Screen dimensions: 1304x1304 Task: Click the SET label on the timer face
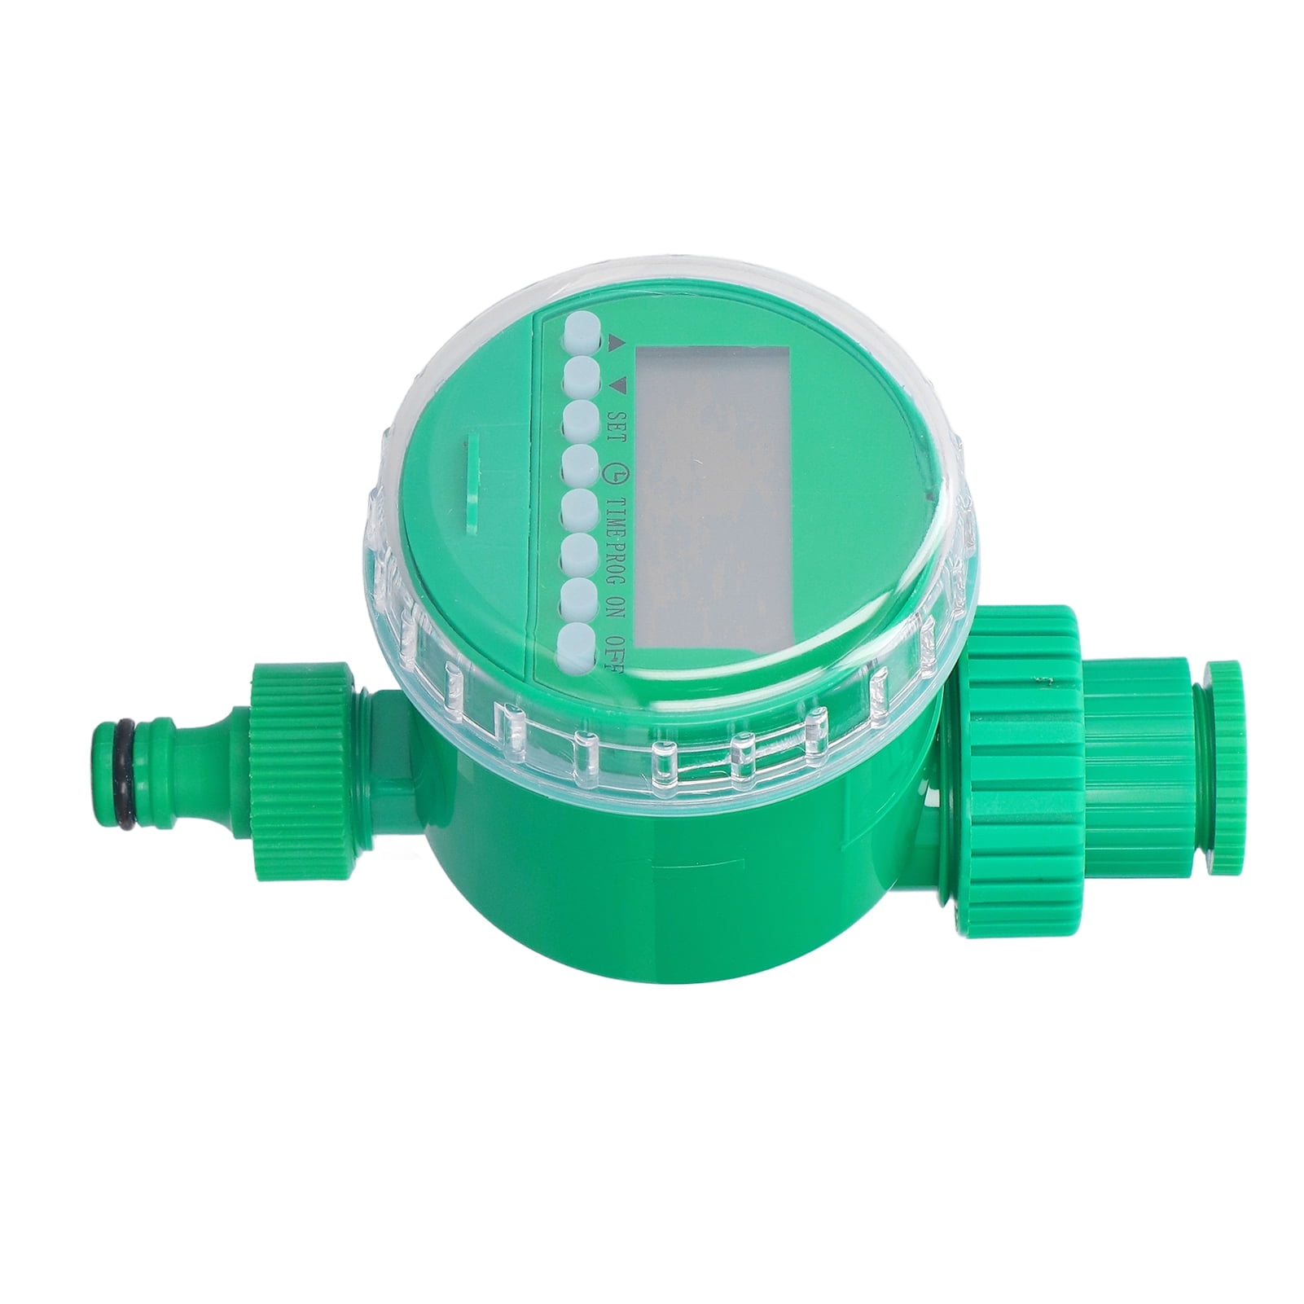[614, 424]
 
